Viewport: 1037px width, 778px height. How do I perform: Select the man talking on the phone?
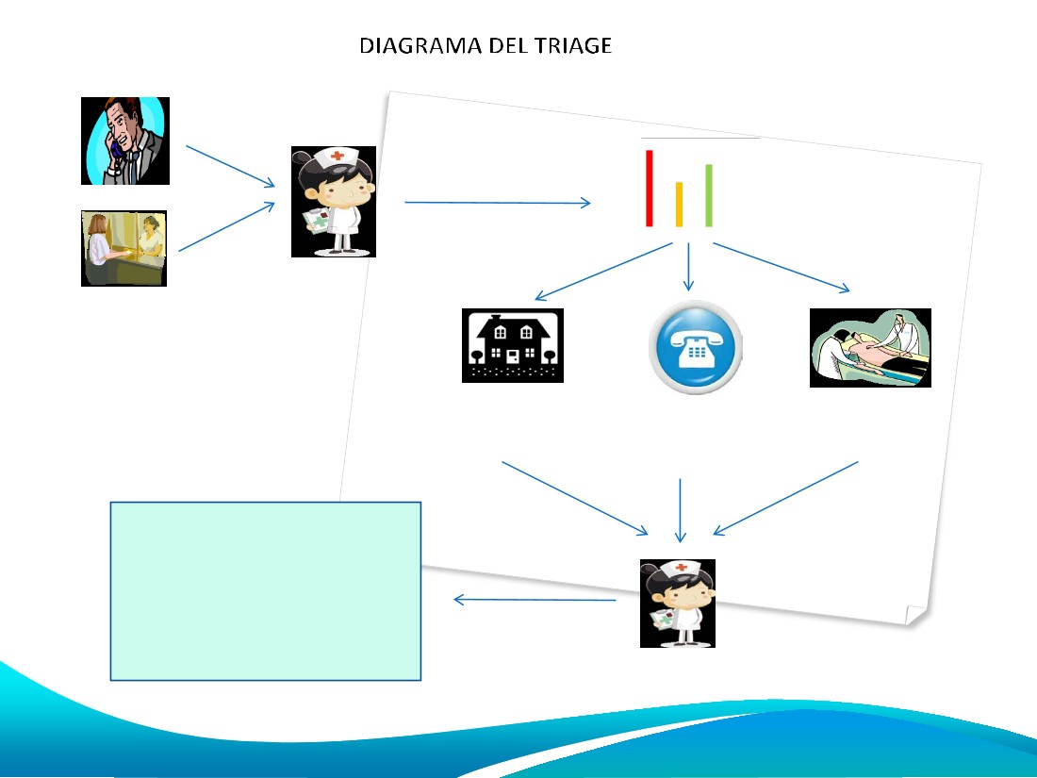pyautogui.click(x=125, y=141)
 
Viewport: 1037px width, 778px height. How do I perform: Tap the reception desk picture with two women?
pyautogui.click(x=123, y=248)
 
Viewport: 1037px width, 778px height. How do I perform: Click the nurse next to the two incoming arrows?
pyautogui.click(x=334, y=202)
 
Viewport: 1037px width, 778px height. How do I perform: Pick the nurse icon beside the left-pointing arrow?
pyautogui.click(x=678, y=604)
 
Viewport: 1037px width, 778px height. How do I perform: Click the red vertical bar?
pyautogui.click(x=650, y=189)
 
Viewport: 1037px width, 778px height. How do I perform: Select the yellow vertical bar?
pyautogui.click(x=679, y=205)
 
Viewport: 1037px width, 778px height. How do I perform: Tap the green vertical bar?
pyautogui.click(x=709, y=196)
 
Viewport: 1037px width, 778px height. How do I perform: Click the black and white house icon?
pyautogui.click(x=513, y=345)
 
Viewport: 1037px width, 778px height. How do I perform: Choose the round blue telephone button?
pyautogui.click(x=695, y=347)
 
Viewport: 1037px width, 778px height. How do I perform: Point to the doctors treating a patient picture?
pyautogui.click(x=870, y=348)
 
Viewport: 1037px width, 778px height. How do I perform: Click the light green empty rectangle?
pyautogui.click(x=266, y=591)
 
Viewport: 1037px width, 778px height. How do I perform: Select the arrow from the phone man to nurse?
pyautogui.click(x=230, y=166)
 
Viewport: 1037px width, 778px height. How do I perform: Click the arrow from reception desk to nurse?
pyautogui.click(x=227, y=227)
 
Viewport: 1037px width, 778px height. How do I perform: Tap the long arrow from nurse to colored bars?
pyautogui.click(x=498, y=203)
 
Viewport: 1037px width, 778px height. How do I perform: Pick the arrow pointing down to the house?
pyautogui.click(x=603, y=272)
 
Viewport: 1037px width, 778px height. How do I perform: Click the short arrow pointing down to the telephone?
pyautogui.click(x=688, y=267)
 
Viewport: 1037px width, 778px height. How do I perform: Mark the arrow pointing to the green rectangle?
pyautogui.click(x=535, y=600)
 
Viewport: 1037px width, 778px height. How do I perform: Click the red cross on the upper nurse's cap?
pyautogui.click(x=337, y=157)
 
